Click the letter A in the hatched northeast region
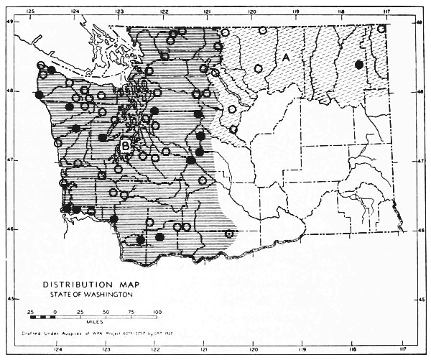[286, 57]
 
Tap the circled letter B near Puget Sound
[126, 146]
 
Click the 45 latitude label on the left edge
[10, 298]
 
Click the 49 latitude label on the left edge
[10, 22]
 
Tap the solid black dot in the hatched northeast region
[358, 65]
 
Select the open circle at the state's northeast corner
[382, 29]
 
